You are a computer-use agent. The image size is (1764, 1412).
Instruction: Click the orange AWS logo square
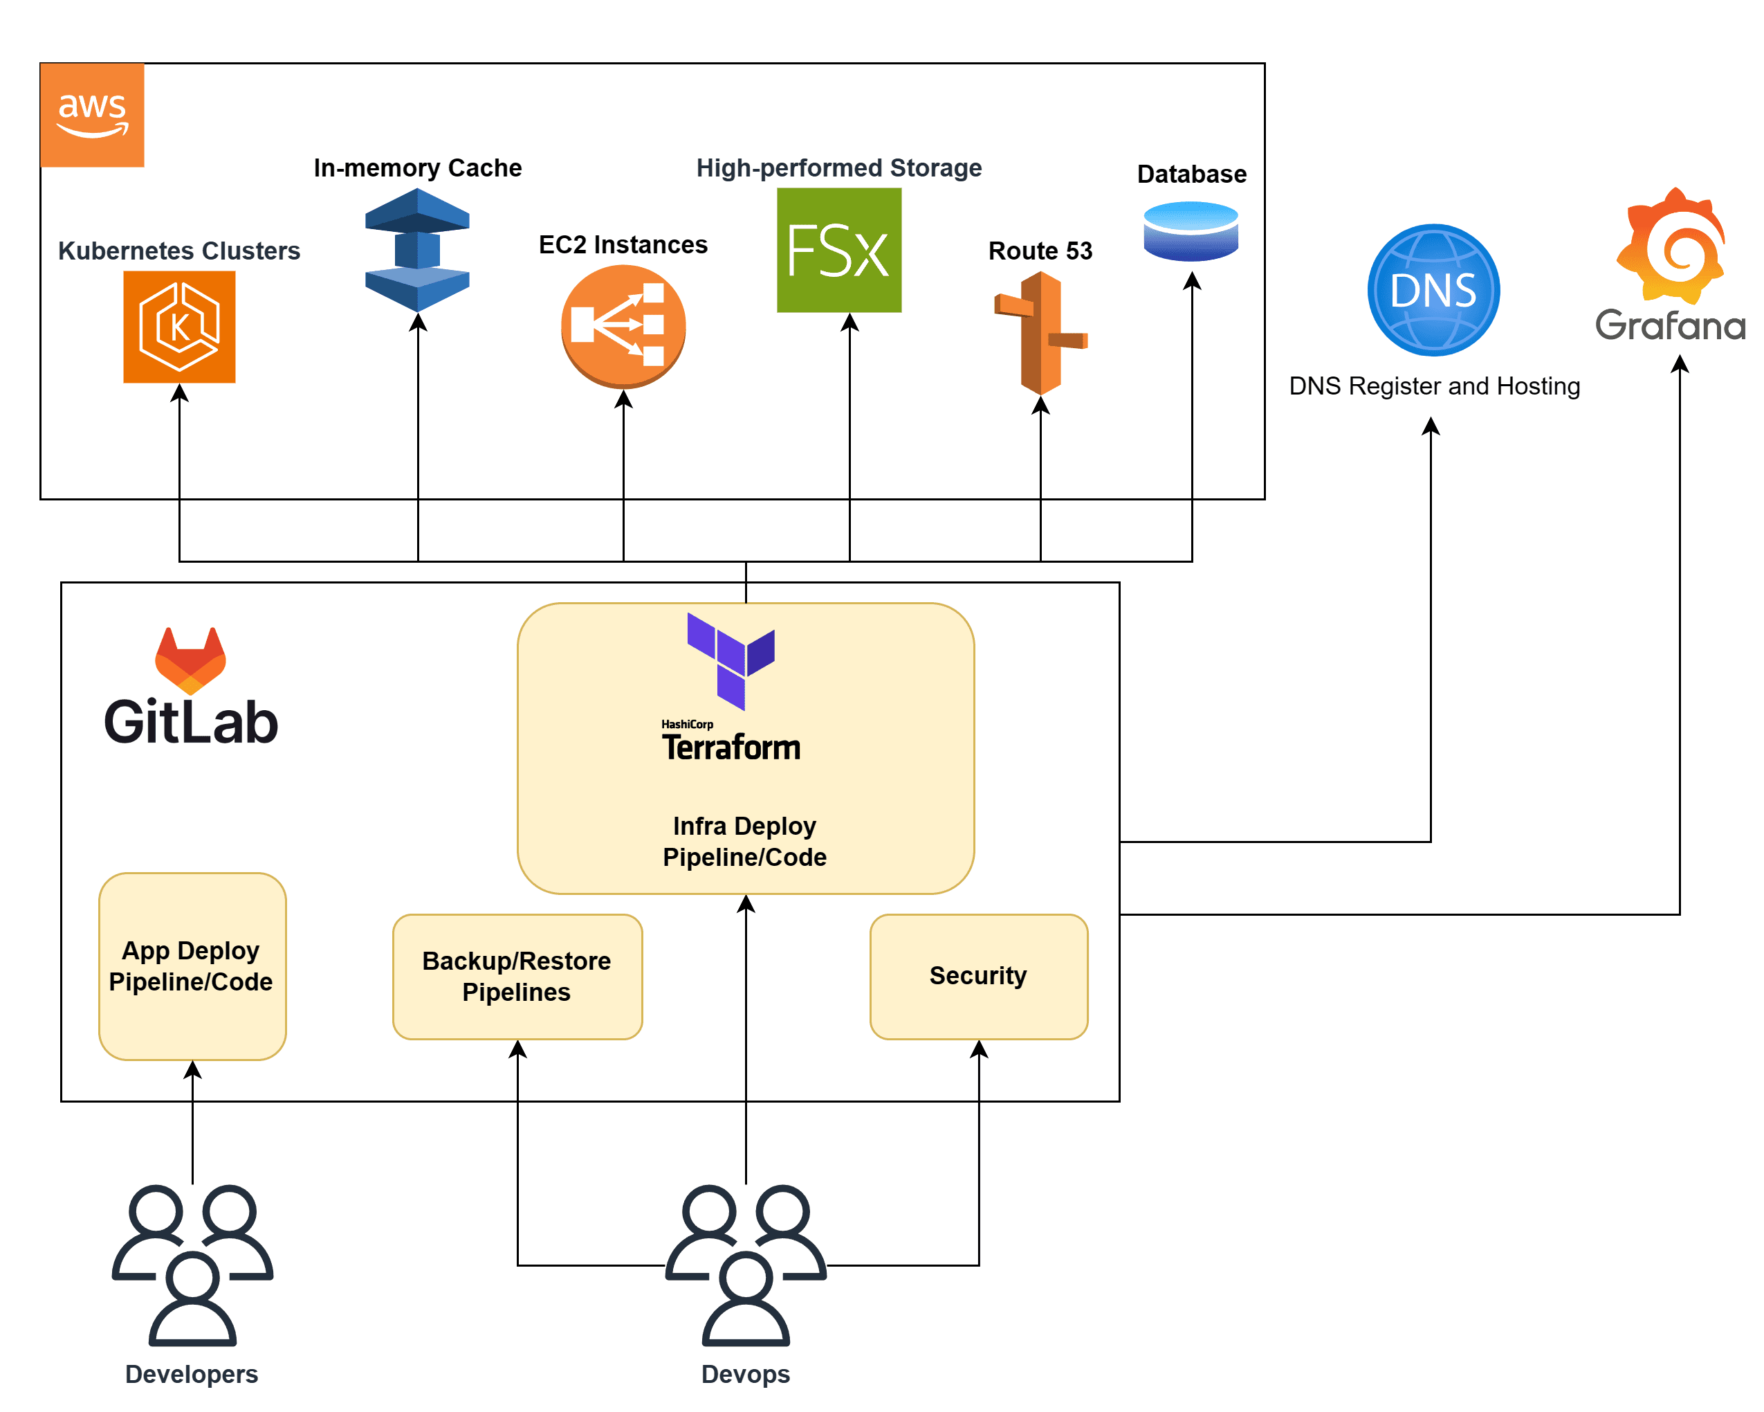coord(93,115)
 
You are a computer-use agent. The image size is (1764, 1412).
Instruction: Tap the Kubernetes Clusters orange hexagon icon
coord(179,327)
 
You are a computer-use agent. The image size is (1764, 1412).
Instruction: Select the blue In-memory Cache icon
coord(417,250)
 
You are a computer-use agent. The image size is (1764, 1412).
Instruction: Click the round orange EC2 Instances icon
coord(623,326)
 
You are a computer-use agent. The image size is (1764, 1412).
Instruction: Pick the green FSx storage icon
coord(838,250)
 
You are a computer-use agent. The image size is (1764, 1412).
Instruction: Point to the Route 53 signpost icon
coord(1040,333)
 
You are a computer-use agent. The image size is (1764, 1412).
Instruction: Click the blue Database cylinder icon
coord(1191,232)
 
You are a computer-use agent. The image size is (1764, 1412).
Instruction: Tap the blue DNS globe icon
coord(1433,290)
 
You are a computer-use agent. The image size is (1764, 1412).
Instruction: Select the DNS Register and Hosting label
coord(1433,386)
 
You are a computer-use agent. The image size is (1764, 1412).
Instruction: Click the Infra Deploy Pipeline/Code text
coord(744,841)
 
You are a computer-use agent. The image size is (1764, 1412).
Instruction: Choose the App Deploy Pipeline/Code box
coord(192,966)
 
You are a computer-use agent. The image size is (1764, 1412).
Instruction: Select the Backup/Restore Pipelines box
coord(517,977)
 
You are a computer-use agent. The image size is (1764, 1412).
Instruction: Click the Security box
coord(979,977)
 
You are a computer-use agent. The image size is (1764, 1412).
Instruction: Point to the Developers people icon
coord(192,1264)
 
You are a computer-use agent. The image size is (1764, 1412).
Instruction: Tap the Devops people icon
coord(745,1264)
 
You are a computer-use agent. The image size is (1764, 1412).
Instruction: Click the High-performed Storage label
coord(838,168)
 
